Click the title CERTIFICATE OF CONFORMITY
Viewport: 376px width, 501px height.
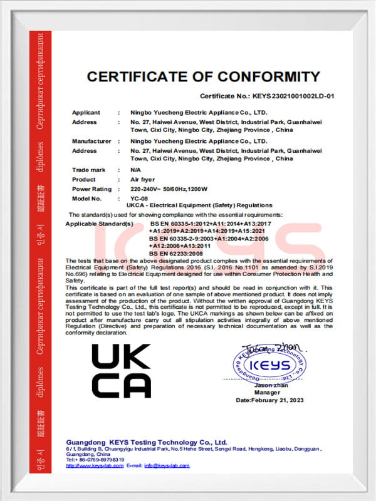point(203,77)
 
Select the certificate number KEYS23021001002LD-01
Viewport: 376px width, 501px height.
point(294,97)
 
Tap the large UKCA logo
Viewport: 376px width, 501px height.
point(121,371)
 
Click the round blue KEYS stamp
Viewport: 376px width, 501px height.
point(269,366)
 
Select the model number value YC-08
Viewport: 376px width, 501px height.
point(138,198)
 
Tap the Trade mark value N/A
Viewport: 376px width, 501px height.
point(135,170)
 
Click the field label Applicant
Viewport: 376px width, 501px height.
point(86,113)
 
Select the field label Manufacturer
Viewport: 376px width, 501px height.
point(91,142)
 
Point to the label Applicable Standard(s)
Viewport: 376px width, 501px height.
point(100,224)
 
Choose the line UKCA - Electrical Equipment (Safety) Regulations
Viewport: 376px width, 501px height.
point(199,205)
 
